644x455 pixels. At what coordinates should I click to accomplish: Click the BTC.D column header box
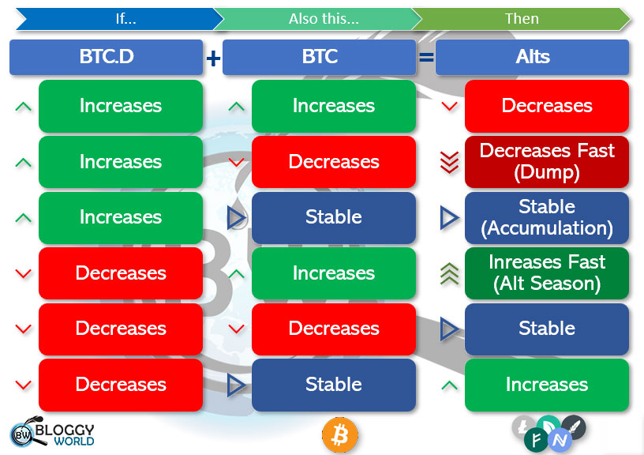pyautogui.click(x=106, y=58)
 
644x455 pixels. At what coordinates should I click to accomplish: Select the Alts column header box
pyautogui.click(x=532, y=58)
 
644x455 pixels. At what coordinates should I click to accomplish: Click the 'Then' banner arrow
pyautogui.click(x=521, y=19)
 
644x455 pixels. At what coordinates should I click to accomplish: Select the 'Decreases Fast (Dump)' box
pyautogui.click(x=546, y=162)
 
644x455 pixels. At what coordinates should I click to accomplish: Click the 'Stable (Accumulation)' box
pyautogui.click(x=546, y=217)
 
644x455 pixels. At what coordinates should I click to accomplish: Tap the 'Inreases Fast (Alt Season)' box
pyautogui.click(x=546, y=273)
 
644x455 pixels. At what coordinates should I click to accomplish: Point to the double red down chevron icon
pyautogui.click(x=449, y=162)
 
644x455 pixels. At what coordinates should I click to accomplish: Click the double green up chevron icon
pyautogui.click(x=449, y=273)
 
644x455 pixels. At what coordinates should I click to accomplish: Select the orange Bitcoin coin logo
pyautogui.click(x=340, y=434)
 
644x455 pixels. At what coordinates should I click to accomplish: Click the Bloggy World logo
pyautogui.click(x=53, y=434)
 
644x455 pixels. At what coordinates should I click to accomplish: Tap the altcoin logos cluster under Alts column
pyautogui.click(x=548, y=434)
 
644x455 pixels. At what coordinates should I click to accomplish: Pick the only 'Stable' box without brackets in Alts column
pyautogui.click(x=546, y=329)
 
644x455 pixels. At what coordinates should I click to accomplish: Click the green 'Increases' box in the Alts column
pyautogui.click(x=546, y=385)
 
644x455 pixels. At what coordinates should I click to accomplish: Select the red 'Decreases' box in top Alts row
pyautogui.click(x=546, y=106)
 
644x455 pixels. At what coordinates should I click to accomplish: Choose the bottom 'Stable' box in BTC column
pyautogui.click(x=333, y=385)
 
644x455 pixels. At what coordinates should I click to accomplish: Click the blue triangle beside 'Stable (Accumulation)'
pyautogui.click(x=449, y=218)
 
